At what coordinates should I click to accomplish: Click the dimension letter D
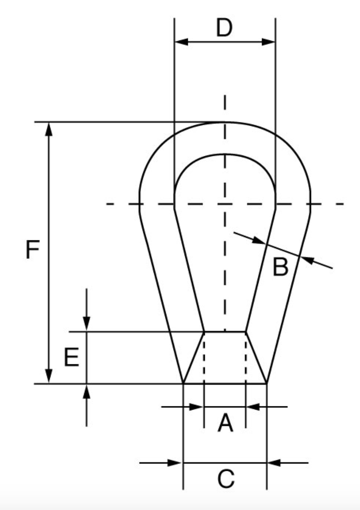pyautogui.click(x=224, y=28)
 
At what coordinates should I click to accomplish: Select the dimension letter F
pyautogui.click(x=32, y=250)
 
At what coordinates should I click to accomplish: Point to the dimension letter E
pyautogui.click(x=71, y=358)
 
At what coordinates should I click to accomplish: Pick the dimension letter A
pyautogui.click(x=225, y=423)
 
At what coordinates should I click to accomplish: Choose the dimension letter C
pyautogui.click(x=226, y=479)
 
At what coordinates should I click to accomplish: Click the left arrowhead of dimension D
pyautogui.click(x=181, y=42)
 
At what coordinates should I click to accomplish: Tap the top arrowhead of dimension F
pyautogui.click(x=49, y=129)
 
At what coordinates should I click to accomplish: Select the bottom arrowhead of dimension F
pyautogui.click(x=49, y=376)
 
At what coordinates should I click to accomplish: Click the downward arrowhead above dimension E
pyautogui.click(x=87, y=324)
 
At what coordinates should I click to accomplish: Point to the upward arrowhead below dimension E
pyautogui.click(x=87, y=391)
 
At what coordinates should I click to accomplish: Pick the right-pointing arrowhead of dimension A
pyautogui.click(x=197, y=407)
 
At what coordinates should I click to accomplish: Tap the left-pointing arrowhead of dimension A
pyautogui.click(x=253, y=407)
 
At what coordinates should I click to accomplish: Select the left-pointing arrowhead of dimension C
pyautogui.click(x=274, y=463)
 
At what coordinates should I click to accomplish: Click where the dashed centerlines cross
pyautogui.click(x=224, y=204)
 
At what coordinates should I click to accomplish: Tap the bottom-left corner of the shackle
pyautogui.click(x=183, y=384)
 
